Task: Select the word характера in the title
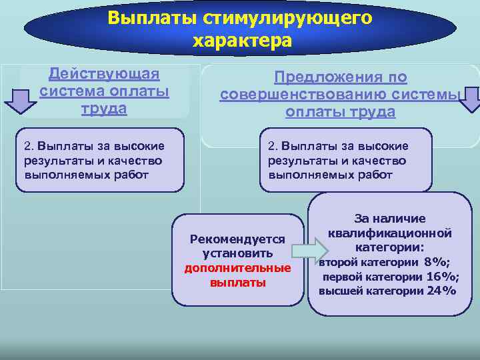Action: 242,41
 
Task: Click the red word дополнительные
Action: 237,268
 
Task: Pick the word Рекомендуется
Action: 237,239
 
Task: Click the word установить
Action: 237,253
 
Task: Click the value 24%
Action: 441,291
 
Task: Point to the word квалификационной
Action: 390,233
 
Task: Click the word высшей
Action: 340,291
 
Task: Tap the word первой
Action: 343,277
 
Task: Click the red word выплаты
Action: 237,283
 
